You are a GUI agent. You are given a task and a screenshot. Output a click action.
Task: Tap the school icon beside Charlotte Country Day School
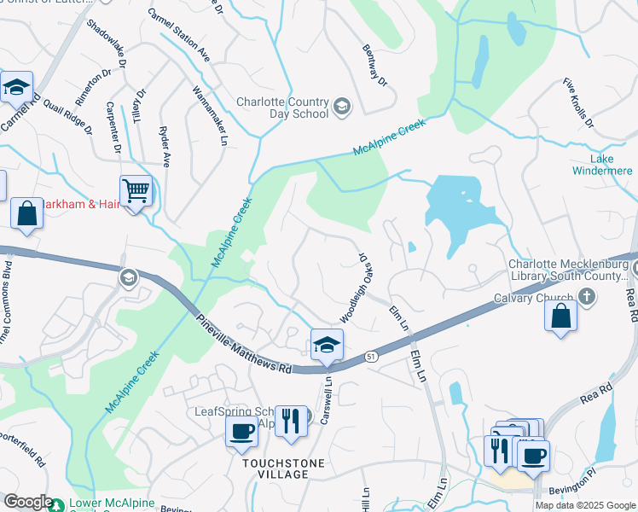point(341,105)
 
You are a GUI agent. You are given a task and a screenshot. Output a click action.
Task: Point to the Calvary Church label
point(533,298)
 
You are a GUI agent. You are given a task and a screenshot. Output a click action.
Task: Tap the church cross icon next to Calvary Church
point(586,295)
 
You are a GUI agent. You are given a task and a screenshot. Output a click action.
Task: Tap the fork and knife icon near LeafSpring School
point(291,420)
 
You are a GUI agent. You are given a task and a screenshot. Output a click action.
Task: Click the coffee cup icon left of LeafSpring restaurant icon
point(241,430)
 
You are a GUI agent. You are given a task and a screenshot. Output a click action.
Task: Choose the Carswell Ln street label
point(326,399)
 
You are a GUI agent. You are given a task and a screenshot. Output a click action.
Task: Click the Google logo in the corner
point(28,502)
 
